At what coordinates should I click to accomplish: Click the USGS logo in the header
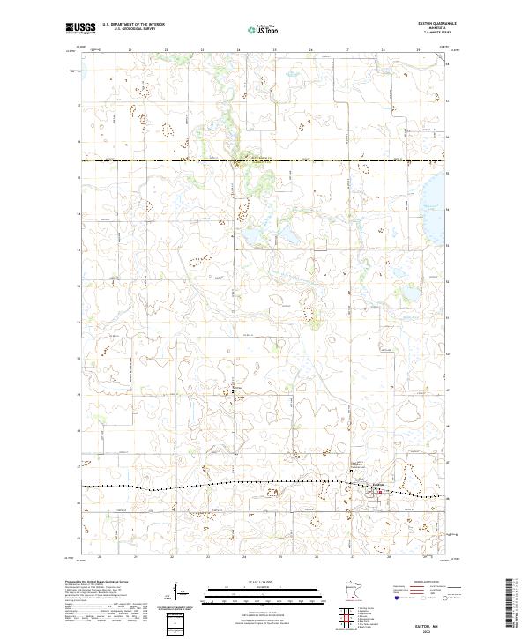[80, 28]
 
